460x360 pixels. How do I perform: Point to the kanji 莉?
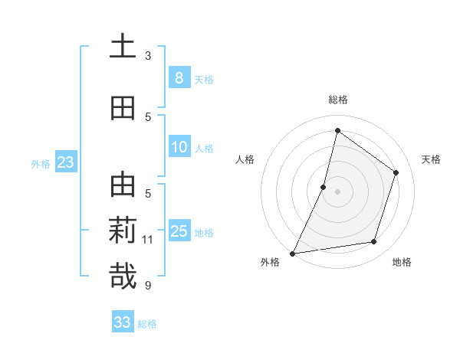[x=123, y=231]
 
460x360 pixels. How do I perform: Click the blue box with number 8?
[x=179, y=77]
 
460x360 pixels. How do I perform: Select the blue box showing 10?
[x=179, y=147]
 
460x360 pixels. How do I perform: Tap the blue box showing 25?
[x=179, y=231]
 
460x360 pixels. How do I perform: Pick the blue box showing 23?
[x=65, y=162]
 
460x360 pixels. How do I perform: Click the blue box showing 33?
[x=122, y=322]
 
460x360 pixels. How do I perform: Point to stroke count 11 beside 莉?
[x=148, y=240]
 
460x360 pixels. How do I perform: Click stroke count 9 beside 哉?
[x=148, y=286]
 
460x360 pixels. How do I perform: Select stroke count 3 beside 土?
[x=148, y=55]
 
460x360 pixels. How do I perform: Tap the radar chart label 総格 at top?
[x=337, y=100]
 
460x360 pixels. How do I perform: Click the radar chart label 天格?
[x=432, y=159]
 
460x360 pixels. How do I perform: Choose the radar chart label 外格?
[x=270, y=263]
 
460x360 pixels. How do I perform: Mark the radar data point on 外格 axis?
[x=292, y=253]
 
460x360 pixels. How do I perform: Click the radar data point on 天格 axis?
[x=396, y=172]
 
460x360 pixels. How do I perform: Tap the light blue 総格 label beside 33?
[x=147, y=324]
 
